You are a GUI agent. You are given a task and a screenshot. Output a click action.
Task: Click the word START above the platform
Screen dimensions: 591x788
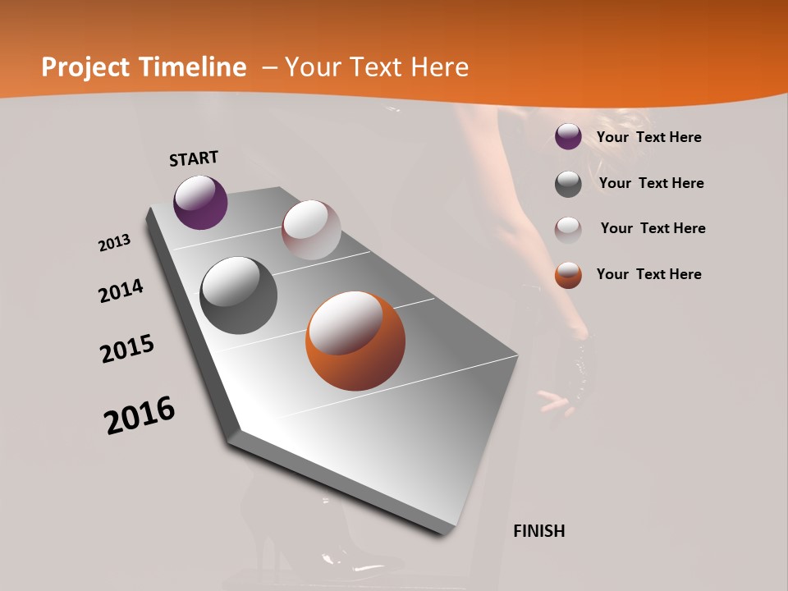194,158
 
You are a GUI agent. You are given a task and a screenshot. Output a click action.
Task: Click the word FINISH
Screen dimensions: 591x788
538,531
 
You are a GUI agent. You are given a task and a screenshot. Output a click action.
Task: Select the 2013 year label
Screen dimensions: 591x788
114,243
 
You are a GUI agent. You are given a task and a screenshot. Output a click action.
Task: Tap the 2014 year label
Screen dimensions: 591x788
121,291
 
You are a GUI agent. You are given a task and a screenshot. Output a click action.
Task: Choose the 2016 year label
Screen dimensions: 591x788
140,415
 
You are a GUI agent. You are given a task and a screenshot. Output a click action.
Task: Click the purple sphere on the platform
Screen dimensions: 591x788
200,202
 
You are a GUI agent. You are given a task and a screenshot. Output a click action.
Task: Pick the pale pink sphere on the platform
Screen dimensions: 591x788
311,230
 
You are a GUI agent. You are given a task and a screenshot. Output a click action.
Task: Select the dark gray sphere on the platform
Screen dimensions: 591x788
238,295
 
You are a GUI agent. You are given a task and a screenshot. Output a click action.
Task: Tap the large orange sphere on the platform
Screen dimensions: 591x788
355,341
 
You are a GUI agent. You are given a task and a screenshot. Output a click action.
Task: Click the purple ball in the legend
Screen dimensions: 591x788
568,137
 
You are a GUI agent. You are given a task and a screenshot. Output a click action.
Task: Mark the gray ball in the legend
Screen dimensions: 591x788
568,184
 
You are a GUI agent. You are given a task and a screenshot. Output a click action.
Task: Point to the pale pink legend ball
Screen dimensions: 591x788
568,229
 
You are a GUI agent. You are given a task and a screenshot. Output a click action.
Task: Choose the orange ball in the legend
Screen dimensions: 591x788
568,275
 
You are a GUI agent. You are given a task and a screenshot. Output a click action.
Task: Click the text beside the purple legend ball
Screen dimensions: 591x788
648,138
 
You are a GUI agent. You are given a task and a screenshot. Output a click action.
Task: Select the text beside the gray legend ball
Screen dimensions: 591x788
651,184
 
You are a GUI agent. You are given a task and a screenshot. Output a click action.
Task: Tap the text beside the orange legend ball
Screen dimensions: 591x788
648,275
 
